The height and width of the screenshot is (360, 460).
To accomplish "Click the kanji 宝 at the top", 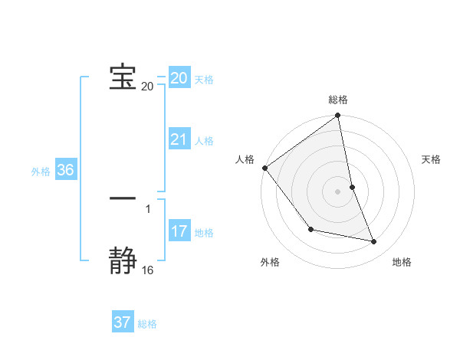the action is tap(123, 78).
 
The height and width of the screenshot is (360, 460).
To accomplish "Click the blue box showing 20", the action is tap(179, 78).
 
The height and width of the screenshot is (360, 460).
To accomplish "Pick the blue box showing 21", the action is tap(179, 139).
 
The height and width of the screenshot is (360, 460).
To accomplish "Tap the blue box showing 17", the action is tap(179, 231).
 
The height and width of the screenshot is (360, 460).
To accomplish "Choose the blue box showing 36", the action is tap(65, 170).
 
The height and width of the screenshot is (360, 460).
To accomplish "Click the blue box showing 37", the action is tap(123, 322).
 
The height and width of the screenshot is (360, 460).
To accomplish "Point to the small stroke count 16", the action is tap(148, 270).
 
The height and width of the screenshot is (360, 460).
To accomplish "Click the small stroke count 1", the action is tap(148, 208).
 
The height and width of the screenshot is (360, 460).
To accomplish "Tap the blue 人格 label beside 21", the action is tap(204, 141).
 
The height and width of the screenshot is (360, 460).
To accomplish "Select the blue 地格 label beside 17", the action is tap(204, 233).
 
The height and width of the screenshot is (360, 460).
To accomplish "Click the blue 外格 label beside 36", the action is tap(41, 172).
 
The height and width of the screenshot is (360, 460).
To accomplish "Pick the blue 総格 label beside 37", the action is tap(147, 324).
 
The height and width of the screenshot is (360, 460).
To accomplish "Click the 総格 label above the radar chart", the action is tap(338, 100).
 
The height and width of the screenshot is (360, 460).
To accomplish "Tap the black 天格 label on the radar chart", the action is tap(432, 159).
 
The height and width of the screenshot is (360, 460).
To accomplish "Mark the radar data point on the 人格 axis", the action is tap(264, 168).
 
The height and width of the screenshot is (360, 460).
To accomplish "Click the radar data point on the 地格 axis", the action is tap(374, 242).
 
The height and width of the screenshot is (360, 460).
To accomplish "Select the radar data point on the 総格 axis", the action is tap(338, 116).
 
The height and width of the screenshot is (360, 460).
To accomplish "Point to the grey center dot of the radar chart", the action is tap(338, 191).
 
